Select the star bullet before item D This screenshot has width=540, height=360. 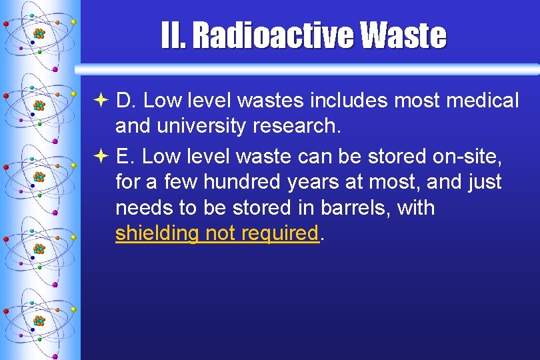coord(99,101)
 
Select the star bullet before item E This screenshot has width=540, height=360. coord(99,157)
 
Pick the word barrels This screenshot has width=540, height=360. coord(354,207)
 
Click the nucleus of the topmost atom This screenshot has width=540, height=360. coord(39,33)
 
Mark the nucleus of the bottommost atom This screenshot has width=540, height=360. coord(39,321)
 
